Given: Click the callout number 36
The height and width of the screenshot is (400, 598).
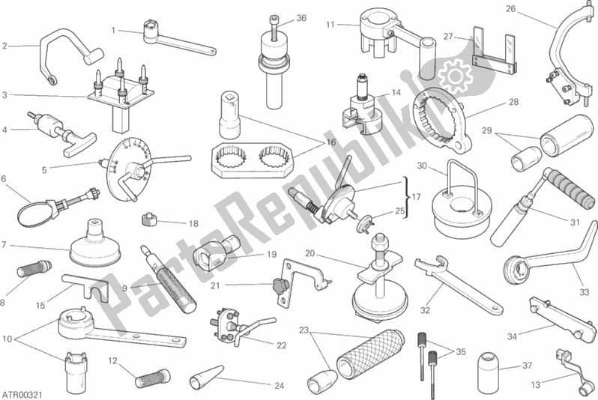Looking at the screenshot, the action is [x=301, y=18].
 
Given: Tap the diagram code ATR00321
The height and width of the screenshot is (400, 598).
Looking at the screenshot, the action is [x=22, y=393].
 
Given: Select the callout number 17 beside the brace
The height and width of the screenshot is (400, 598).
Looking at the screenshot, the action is [x=416, y=197].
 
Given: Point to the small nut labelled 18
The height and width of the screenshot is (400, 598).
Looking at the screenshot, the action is [x=149, y=219].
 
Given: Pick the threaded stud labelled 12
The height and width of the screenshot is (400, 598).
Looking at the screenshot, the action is [x=151, y=376].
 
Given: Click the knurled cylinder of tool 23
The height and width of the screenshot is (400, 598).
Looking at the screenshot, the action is [x=371, y=354].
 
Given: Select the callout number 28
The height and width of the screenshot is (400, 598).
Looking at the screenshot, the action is [x=514, y=102].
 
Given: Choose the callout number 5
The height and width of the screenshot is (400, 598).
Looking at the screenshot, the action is [x=44, y=170].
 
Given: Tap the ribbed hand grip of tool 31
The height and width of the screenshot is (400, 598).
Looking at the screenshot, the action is [x=564, y=187].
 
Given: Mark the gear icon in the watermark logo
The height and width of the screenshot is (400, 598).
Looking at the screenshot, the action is [x=456, y=76].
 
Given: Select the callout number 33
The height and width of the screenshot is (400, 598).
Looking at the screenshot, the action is [x=585, y=292].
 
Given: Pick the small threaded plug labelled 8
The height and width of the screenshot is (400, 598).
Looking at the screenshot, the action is [x=34, y=268].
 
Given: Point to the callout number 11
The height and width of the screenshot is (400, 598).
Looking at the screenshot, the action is [x=330, y=25].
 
